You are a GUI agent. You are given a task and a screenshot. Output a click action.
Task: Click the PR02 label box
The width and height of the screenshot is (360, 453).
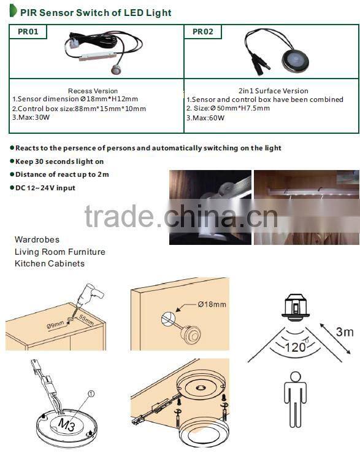tap(203, 31)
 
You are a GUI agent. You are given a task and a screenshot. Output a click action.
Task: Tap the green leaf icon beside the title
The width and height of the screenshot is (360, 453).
tap(13, 11)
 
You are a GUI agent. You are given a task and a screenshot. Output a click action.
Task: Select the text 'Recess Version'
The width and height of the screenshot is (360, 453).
tap(93, 91)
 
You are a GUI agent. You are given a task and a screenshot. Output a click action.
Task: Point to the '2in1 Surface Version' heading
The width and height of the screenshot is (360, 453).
tap(274, 91)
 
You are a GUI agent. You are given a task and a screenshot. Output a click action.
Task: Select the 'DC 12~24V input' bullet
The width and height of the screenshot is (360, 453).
tap(45, 188)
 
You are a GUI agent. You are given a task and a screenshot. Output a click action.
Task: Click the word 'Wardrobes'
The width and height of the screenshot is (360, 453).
tap(37, 239)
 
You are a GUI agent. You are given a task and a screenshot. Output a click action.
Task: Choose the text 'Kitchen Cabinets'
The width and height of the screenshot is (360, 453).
tap(50, 263)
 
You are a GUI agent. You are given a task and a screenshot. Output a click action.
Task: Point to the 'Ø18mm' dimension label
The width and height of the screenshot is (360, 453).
tap(212, 304)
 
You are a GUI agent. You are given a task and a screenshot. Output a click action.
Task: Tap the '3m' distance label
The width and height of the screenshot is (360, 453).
tap(344, 332)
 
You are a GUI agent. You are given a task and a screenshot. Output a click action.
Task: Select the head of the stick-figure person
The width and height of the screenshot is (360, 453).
tap(296, 376)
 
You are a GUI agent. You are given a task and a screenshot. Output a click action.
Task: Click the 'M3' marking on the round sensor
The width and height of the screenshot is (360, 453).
tap(66, 423)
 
